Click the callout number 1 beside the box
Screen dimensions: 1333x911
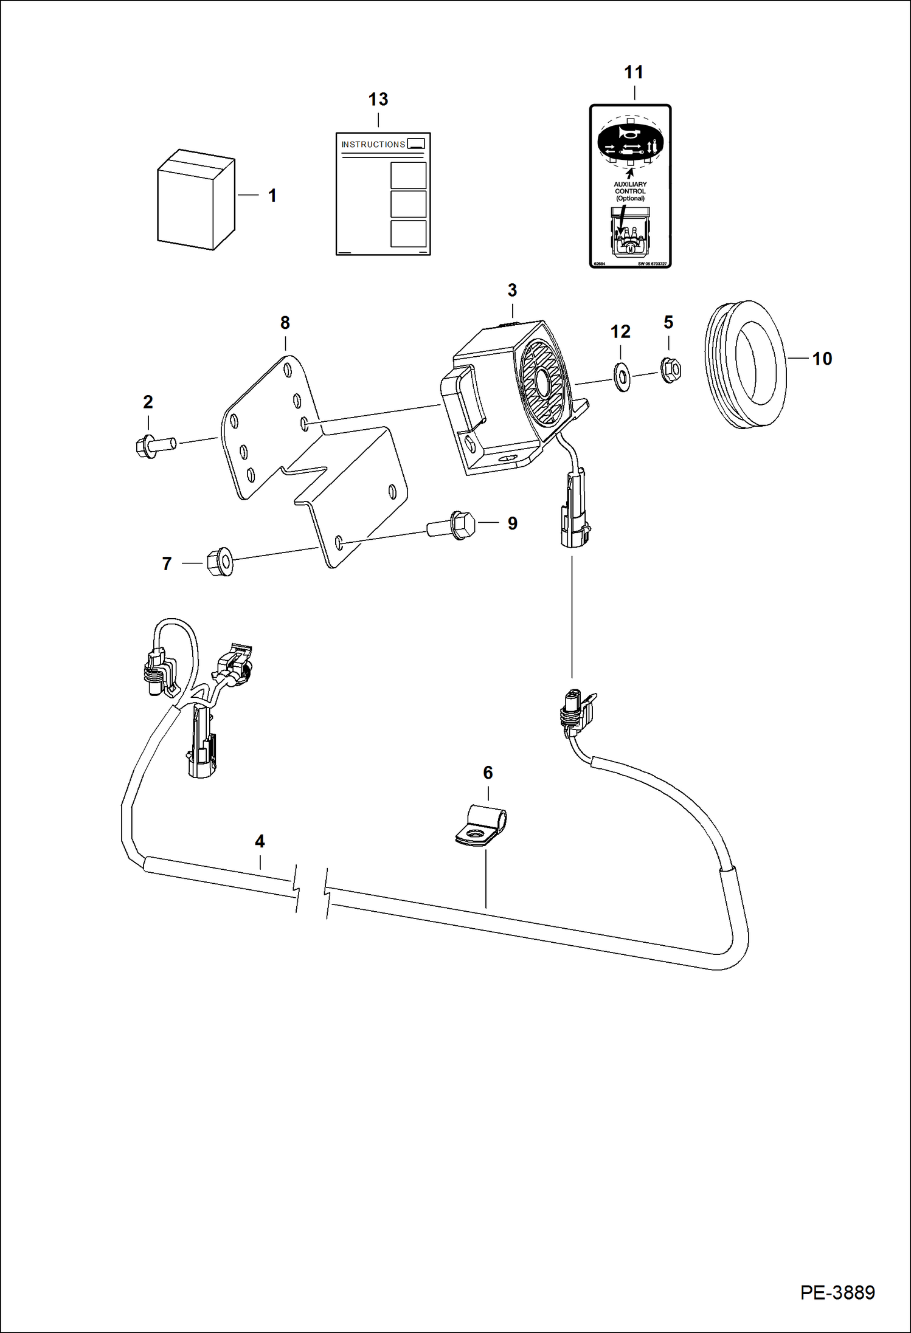point(272,195)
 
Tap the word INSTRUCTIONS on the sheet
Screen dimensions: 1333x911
point(373,145)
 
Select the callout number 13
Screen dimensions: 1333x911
point(378,99)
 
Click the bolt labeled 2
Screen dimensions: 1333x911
point(154,447)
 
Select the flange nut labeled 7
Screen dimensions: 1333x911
point(220,562)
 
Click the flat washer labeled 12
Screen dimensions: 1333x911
point(622,377)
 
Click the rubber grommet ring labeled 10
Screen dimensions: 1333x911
point(746,365)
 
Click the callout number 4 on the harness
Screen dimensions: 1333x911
point(260,841)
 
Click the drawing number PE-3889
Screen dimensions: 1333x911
point(837,1292)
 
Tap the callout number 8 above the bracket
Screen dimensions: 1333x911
point(285,323)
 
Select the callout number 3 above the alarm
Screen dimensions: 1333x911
point(512,291)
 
